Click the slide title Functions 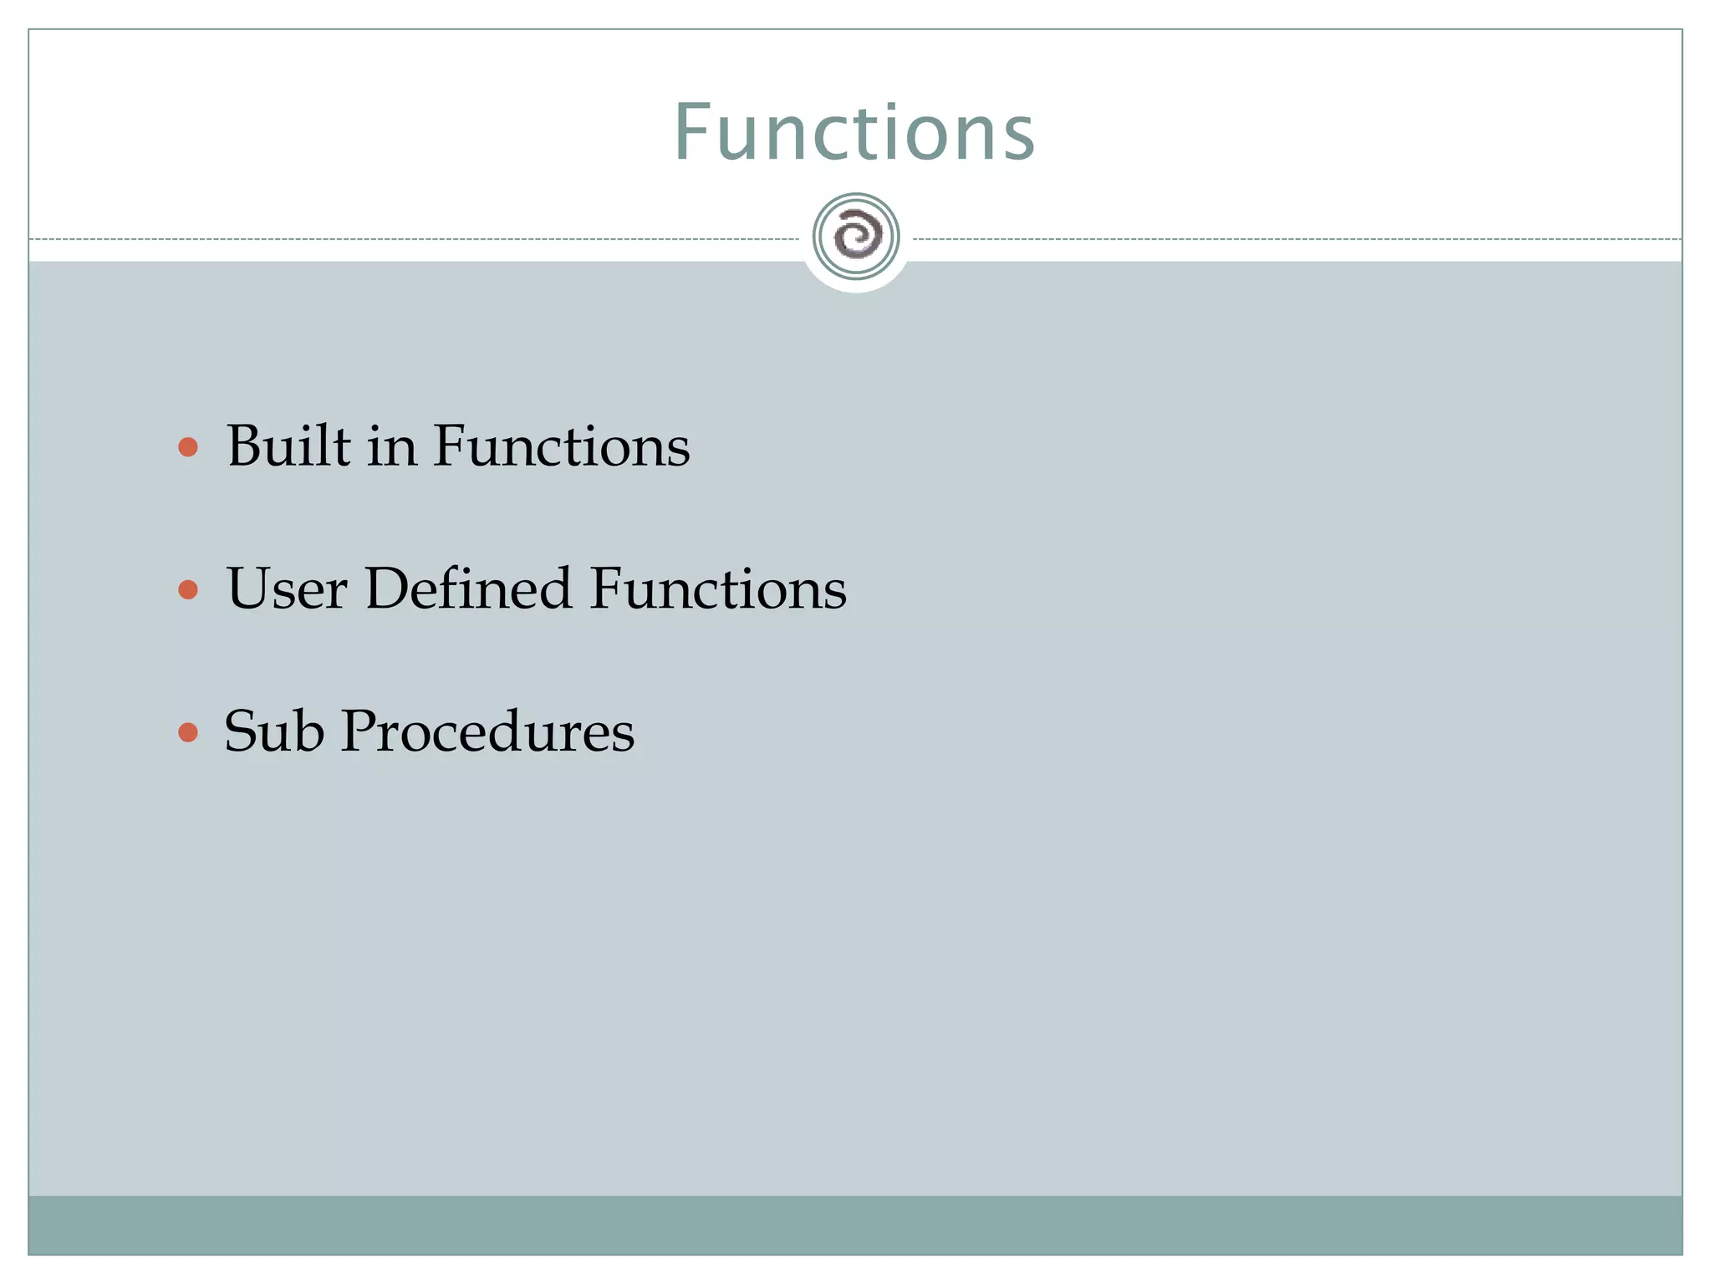pos(854,132)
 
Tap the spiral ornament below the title pos(856,237)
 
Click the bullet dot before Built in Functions pos(188,447)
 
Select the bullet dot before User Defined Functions pos(188,590)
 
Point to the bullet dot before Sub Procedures pos(188,733)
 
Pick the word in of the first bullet pos(391,447)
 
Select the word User pos(286,588)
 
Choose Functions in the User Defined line pos(718,588)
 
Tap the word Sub pos(274,731)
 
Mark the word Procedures pos(487,731)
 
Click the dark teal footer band pos(854,1225)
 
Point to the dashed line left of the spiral pos(418,239)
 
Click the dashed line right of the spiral pos(1296,239)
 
